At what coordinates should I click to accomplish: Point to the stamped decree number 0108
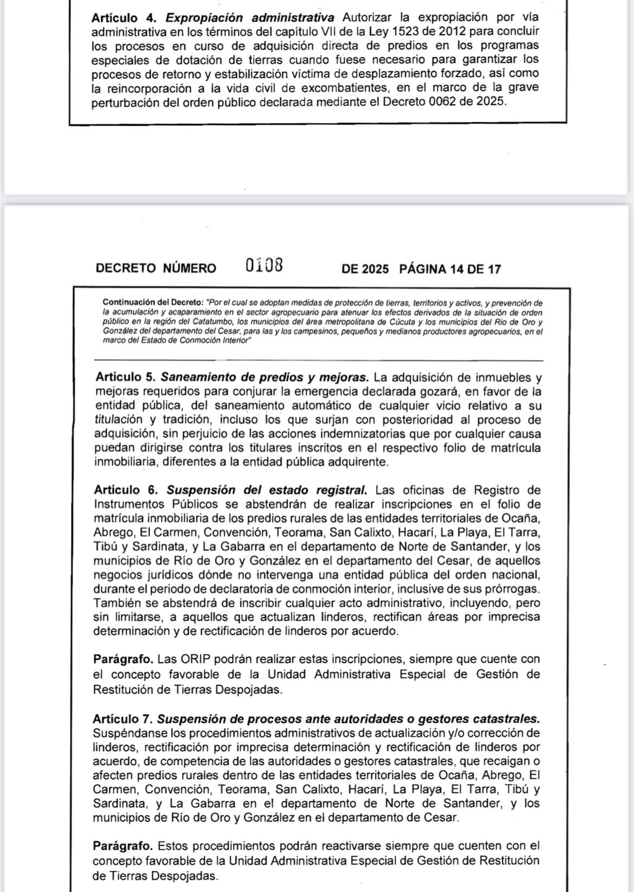click(264, 266)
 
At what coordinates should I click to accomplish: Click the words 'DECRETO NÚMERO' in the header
click(156, 268)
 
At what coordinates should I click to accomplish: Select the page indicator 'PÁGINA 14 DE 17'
click(450, 269)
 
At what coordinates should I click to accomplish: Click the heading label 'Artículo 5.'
click(125, 377)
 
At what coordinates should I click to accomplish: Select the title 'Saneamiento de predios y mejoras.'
click(264, 377)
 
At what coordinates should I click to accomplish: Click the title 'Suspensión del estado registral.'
click(267, 490)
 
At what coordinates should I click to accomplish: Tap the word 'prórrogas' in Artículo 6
click(514, 589)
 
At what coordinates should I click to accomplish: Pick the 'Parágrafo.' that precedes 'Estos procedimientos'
click(123, 846)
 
